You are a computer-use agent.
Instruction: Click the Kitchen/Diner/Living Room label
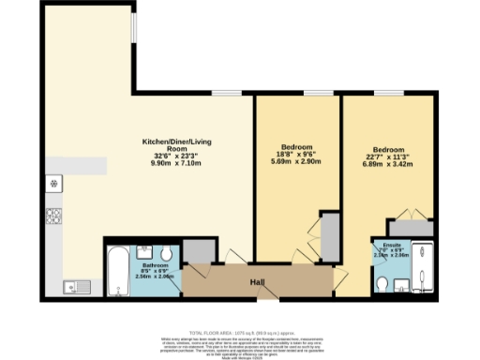point(164,144)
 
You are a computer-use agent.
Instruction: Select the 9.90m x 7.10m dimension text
point(164,161)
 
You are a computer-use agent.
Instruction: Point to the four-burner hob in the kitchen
point(54,216)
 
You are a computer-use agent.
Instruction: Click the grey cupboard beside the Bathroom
point(198,250)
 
